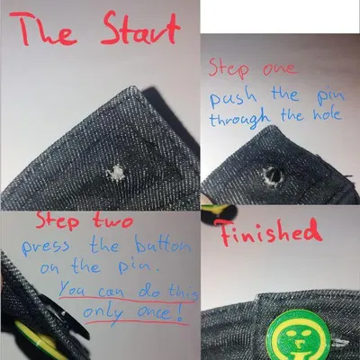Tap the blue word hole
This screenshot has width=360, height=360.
(322, 118)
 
